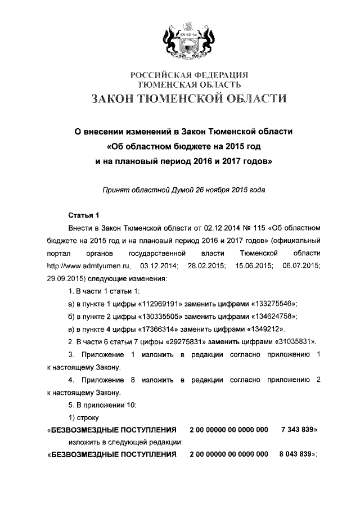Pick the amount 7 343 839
coord(298,430)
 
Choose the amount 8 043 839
coord(298,455)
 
